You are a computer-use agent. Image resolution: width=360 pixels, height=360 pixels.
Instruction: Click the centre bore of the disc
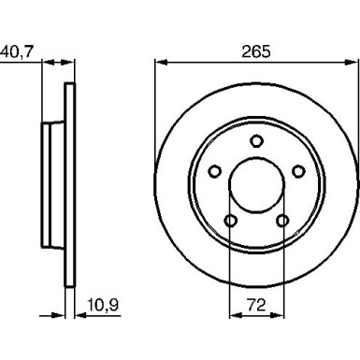click(254, 183)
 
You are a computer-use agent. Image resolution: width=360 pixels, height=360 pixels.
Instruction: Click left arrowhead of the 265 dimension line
click(156, 64)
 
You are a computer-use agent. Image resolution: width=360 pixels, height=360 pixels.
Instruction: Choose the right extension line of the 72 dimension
click(281, 271)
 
